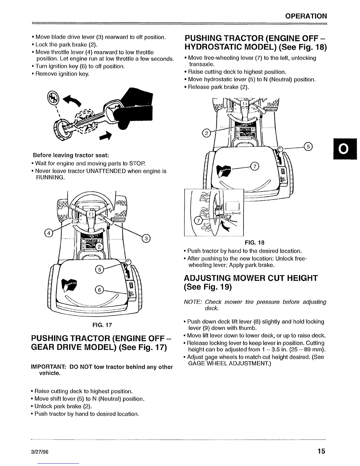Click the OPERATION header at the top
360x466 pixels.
tap(306, 16)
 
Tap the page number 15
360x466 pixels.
tap(321, 451)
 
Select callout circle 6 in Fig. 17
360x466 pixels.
tap(99, 290)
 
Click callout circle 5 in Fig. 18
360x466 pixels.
tap(309, 146)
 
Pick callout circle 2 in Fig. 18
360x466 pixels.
tap(206, 134)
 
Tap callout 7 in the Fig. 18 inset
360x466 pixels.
tap(199, 220)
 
